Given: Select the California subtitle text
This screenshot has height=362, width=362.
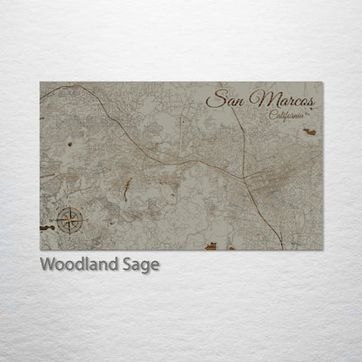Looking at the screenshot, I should point(287,116).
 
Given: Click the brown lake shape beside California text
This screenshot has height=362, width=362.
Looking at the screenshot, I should point(309,131).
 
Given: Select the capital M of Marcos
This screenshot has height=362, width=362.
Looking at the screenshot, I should point(258,100).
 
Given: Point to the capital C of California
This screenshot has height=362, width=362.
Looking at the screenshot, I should point(272,115).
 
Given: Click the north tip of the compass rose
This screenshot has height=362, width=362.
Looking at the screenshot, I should point(70,207).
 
